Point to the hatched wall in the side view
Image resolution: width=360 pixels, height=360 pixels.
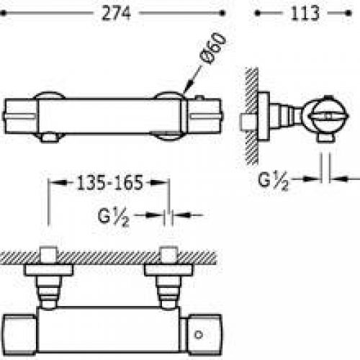click(251, 115)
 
